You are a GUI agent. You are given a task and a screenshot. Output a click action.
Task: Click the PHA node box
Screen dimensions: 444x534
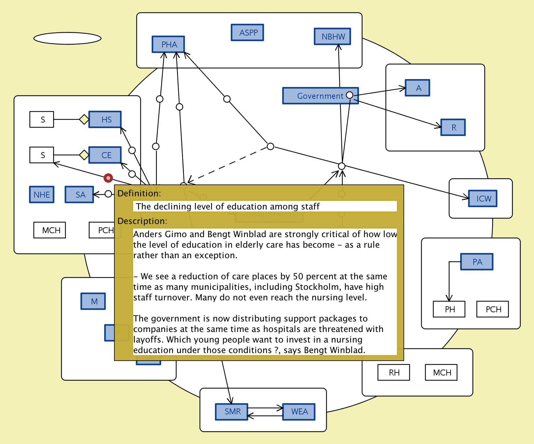pyautogui.click(x=168, y=44)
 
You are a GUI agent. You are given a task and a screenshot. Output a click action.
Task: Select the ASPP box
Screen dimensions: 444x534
pyautogui.click(x=247, y=33)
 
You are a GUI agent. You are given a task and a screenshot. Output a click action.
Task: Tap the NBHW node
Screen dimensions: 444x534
pyautogui.click(x=332, y=37)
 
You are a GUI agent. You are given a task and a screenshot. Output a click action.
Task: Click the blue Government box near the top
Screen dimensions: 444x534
pyautogui.click(x=316, y=96)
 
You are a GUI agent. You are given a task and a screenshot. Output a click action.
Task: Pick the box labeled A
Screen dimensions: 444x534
pyautogui.click(x=417, y=88)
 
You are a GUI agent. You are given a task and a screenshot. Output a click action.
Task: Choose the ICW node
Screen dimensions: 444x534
pyautogui.click(x=483, y=199)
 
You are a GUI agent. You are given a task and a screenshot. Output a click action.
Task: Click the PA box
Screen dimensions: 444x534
pyautogui.click(x=477, y=262)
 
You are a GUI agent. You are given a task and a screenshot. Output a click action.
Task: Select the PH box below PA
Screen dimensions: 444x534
pyautogui.click(x=449, y=309)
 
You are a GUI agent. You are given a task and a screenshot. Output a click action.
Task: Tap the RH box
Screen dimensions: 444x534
pyautogui.click(x=394, y=373)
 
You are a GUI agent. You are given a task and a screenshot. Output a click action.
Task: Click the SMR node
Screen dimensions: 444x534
pyautogui.click(x=232, y=412)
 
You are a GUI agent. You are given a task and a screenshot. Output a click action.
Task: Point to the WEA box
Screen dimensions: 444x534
pyautogui.click(x=299, y=412)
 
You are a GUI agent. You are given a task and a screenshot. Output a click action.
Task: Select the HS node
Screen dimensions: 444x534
pyautogui.click(x=105, y=119)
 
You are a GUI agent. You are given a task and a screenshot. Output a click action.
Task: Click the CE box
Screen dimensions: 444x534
pyautogui.click(x=105, y=155)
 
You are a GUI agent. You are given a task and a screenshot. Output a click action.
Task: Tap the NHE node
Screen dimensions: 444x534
pyautogui.click(x=42, y=195)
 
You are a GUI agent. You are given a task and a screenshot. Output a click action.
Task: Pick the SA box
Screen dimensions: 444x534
pyautogui.click(x=79, y=195)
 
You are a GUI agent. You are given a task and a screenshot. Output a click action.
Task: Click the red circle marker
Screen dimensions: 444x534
pyautogui.click(x=108, y=178)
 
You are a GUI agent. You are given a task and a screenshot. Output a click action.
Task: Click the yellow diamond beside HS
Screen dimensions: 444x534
pyautogui.click(x=84, y=119)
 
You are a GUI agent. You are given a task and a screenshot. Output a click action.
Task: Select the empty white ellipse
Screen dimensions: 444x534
pyautogui.click(x=67, y=38)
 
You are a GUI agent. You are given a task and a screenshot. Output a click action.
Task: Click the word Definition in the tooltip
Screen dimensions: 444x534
pyautogui.click(x=138, y=193)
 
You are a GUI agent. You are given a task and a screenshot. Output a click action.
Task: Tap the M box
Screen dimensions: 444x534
pyautogui.click(x=93, y=301)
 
